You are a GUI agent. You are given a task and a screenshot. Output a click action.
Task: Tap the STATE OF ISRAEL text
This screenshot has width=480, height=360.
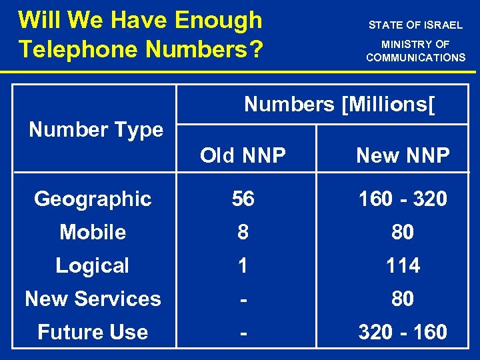[415, 25]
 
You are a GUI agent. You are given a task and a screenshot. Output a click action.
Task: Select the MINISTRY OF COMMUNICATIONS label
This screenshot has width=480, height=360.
[415, 51]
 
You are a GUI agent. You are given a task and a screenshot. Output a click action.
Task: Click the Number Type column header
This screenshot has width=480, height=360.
[96, 129]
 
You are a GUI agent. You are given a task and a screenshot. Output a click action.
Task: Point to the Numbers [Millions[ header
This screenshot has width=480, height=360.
[339, 104]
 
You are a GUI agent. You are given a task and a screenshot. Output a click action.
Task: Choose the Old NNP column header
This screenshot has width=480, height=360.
[243, 155]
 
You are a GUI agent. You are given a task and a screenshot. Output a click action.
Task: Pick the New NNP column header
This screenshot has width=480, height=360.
[403, 155]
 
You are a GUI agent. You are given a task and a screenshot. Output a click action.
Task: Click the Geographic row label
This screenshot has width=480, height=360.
[93, 199]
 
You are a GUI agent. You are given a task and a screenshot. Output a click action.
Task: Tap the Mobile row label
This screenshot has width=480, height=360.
[93, 232]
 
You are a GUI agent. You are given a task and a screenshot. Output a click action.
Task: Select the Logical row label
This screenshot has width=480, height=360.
[92, 265]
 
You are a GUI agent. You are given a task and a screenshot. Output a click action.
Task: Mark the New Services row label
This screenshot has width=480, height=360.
[93, 299]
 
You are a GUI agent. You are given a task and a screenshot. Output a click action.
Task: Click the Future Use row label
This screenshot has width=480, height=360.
[93, 332]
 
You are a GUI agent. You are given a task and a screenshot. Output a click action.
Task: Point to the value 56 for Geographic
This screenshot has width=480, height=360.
[243, 199]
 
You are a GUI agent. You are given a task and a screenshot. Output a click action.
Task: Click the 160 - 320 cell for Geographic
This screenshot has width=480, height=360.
[403, 199]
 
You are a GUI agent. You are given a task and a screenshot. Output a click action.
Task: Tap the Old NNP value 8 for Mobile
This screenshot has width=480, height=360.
[243, 232]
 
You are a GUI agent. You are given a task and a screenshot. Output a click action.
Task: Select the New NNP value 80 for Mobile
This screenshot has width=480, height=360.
[403, 232]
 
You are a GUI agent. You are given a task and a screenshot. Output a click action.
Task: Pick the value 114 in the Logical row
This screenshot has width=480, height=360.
[403, 265]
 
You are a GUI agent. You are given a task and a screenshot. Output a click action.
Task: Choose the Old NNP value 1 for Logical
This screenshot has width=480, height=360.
[243, 265]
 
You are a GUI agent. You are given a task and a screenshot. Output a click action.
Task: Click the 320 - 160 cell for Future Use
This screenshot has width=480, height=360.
[403, 332]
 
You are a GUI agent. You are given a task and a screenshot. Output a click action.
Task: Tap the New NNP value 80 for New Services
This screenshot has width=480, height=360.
[403, 299]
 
